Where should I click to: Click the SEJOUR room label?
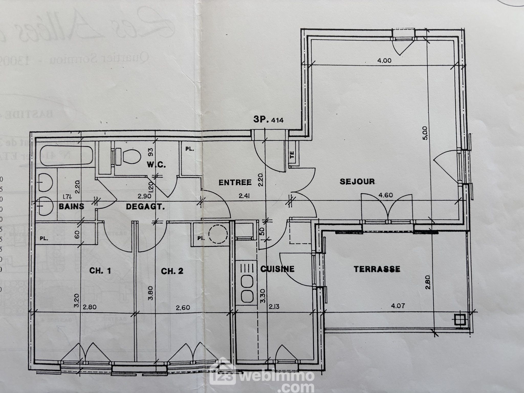pos(357,182)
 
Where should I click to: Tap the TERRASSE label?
pos(377,269)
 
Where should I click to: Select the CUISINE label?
pos(277,269)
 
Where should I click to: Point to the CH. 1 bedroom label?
pos(100,271)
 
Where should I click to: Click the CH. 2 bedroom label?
pos(172,271)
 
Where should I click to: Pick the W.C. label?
pos(156,165)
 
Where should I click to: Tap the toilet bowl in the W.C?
pos(131,156)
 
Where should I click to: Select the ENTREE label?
pos(235,182)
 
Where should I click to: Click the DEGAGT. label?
pos(145,207)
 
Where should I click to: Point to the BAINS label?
pos(71,206)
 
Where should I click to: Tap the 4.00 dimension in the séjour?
pos(384,61)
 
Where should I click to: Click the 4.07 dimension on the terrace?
pos(398,305)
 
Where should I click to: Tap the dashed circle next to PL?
pos(218,234)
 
